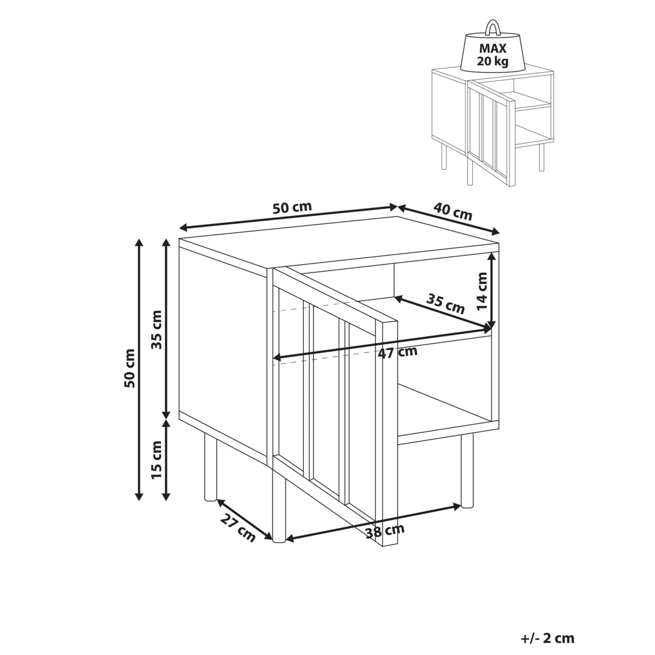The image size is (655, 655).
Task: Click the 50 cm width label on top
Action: point(292,207)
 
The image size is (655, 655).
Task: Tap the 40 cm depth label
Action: point(452,211)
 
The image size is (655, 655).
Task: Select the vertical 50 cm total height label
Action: point(130,368)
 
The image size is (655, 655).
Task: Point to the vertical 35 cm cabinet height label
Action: point(157,330)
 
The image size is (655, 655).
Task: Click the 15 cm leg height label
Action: point(157,460)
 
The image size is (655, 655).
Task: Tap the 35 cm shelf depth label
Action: point(445,303)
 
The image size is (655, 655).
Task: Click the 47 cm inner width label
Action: point(398,353)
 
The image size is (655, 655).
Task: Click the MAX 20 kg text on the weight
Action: point(492,55)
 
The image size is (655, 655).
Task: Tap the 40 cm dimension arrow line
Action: point(449,219)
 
